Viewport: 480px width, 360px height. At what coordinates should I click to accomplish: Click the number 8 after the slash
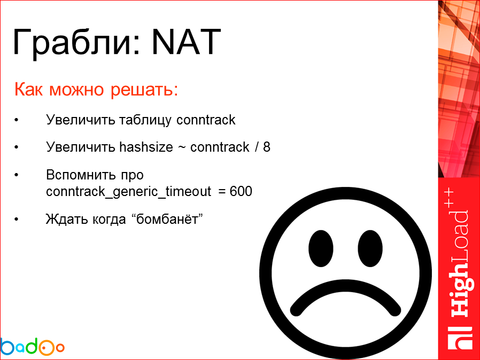(x=267, y=147)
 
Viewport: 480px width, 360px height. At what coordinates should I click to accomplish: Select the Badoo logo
(x=32, y=347)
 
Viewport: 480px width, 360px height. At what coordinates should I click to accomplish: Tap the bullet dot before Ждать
(x=18, y=220)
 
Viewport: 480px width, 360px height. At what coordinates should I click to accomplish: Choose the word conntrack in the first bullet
(x=206, y=120)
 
